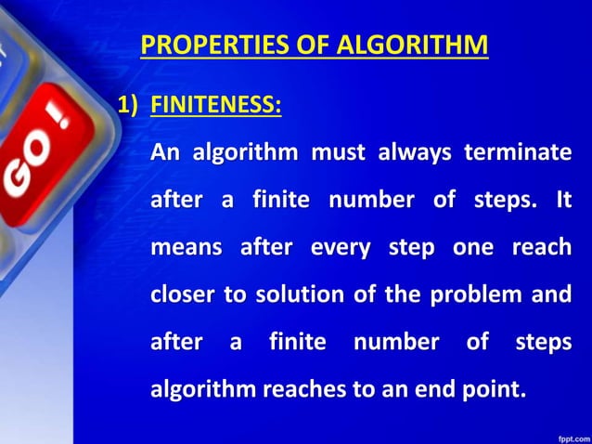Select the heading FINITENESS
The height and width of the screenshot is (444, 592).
click(x=215, y=105)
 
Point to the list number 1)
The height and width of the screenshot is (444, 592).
click(x=131, y=105)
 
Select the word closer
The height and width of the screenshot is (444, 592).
click(x=182, y=294)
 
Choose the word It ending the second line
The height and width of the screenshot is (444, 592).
click(x=562, y=200)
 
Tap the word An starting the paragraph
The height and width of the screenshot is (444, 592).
click(x=166, y=152)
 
